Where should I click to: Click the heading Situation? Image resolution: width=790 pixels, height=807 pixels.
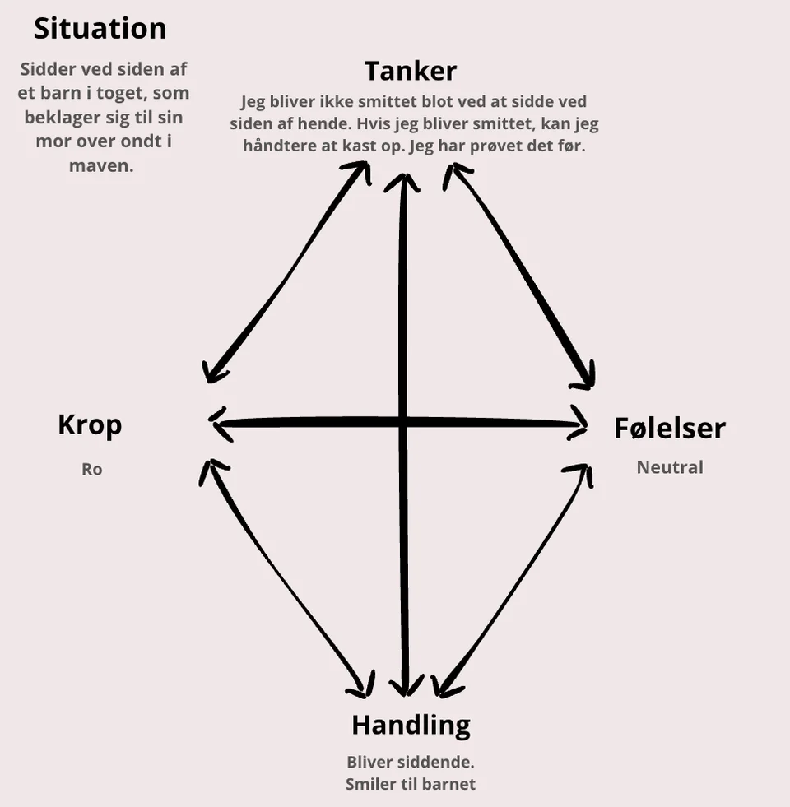click(x=100, y=28)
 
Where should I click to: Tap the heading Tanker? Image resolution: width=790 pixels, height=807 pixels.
click(x=411, y=71)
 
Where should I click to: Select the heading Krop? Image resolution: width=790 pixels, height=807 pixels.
click(x=90, y=425)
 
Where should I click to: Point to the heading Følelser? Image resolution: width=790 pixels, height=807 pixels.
click(x=670, y=429)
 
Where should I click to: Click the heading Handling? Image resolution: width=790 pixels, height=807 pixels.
click(x=411, y=726)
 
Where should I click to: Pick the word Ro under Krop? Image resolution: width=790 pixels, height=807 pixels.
click(x=92, y=469)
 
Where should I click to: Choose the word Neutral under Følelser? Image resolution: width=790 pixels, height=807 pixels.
click(x=670, y=467)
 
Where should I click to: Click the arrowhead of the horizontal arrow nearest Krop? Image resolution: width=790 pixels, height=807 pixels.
click(x=211, y=421)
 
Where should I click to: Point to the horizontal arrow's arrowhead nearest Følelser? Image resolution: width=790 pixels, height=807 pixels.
click(x=586, y=425)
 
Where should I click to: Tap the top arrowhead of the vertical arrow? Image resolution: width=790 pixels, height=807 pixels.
click(x=403, y=175)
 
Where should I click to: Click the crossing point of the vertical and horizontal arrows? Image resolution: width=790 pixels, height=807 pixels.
click(x=402, y=423)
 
